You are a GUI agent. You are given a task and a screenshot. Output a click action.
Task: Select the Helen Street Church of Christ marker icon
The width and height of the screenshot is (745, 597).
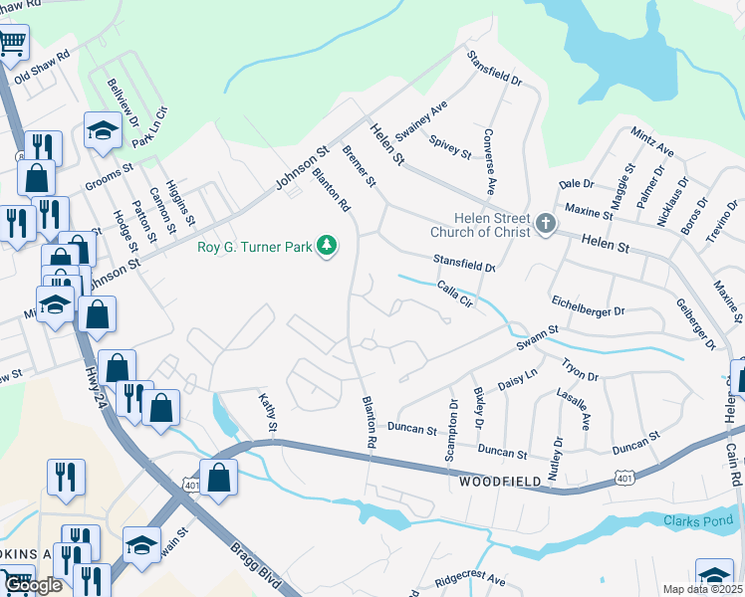click(545, 225)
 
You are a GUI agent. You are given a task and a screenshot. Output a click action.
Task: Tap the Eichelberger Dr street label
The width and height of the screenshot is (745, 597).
click(587, 311)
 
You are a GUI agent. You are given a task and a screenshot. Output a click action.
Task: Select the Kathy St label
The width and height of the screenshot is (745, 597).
click(266, 412)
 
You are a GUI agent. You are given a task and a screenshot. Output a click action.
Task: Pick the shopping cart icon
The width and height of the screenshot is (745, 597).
click(12, 43)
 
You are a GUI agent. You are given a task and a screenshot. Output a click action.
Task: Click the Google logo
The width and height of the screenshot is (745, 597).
click(32, 584)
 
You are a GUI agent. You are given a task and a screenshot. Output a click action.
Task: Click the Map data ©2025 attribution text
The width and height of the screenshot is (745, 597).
click(701, 589)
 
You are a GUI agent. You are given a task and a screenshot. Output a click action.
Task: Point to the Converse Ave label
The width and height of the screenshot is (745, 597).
click(489, 160)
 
